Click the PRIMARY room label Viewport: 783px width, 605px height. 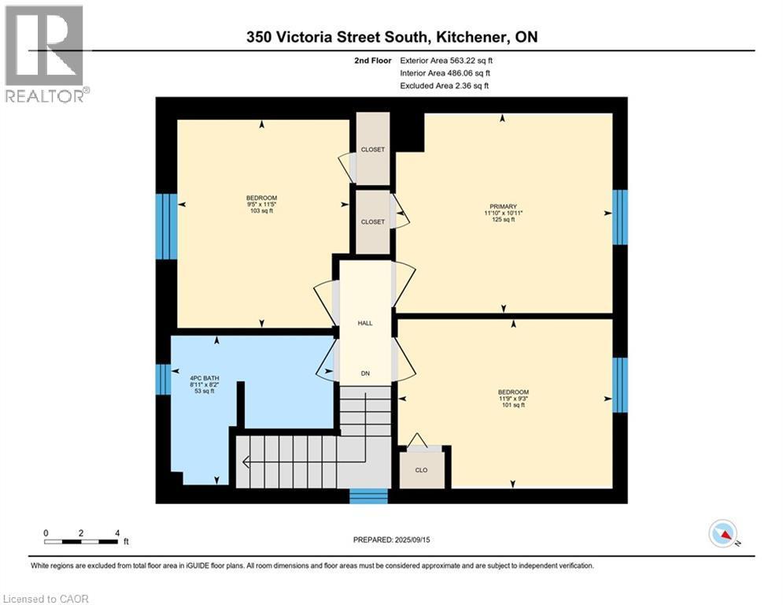[x=500, y=206]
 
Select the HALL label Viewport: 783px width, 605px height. [x=365, y=323]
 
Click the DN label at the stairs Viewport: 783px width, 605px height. [x=365, y=373]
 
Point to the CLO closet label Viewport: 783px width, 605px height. [x=422, y=470]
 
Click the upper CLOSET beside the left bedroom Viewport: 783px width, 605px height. [x=372, y=149]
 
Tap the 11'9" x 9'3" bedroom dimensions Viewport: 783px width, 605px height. [x=513, y=399]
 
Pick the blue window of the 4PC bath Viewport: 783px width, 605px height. [x=164, y=379]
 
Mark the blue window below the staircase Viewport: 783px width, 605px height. [x=368, y=496]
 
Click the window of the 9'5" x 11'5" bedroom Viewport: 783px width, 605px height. [x=165, y=227]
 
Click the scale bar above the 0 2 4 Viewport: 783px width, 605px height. [x=82, y=541]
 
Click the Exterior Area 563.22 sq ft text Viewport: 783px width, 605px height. [x=447, y=60]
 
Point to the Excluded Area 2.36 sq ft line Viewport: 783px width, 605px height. [x=444, y=86]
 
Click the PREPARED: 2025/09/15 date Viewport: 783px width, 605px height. [x=391, y=540]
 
